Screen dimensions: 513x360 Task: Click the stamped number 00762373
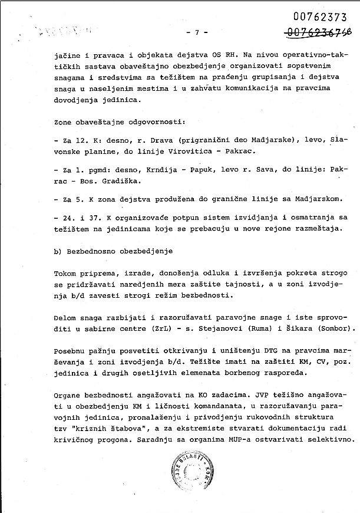(319, 18)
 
